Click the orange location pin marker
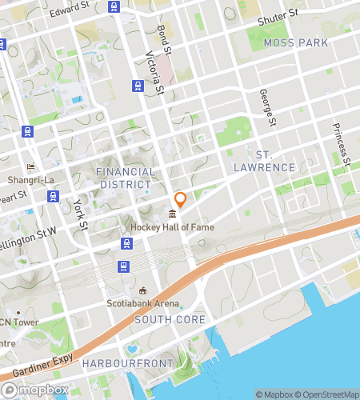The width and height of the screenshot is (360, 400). click(x=181, y=200)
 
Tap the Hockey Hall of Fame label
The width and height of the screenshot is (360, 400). click(x=173, y=227)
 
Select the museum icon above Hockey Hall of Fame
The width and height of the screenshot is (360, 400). click(x=173, y=214)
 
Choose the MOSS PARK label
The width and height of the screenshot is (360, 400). click(x=295, y=42)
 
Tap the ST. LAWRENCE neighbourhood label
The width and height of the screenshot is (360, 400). click(x=265, y=160)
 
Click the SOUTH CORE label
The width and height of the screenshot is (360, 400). click(x=170, y=319)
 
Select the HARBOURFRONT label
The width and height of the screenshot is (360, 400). click(x=128, y=363)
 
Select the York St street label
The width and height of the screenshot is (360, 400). click(x=79, y=214)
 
